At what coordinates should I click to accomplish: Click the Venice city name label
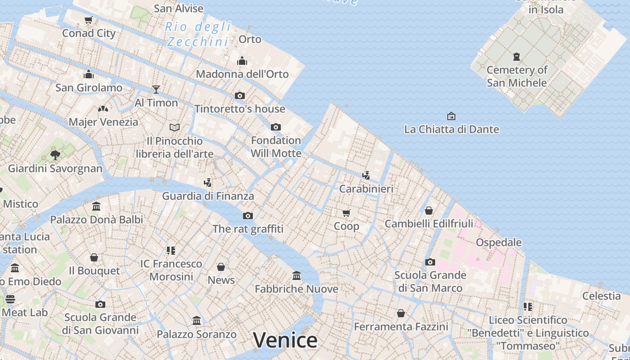pos(285,340)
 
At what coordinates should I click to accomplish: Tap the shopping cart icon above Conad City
pos(89,20)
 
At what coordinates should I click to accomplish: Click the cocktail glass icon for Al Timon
pos(156,89)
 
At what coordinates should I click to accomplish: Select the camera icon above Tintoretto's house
pos(240,95)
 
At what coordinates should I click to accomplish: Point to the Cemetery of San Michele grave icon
pos(517,57)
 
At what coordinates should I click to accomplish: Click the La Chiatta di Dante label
pos(451,130)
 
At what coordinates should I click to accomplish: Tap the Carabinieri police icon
pos(366,175)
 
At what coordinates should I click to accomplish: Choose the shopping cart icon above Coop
pos(346,213)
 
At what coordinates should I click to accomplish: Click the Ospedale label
pos(499,243)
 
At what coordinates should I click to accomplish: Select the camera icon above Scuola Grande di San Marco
pos(430,262)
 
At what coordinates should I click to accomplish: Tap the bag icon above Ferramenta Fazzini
pos(401,313)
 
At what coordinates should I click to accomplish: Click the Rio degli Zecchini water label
pos(198,34)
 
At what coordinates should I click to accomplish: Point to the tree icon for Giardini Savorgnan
pos(55,155)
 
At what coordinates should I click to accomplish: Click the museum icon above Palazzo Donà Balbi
pos(96,206)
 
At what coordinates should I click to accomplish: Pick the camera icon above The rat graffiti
pos(248,216)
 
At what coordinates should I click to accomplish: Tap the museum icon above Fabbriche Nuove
pos(297,275)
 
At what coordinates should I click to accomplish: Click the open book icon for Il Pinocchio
pos(175,127)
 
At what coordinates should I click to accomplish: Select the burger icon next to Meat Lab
pos(10,299)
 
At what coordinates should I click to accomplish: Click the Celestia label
pos(601,296)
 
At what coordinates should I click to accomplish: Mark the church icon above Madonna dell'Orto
pos(242,60)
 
